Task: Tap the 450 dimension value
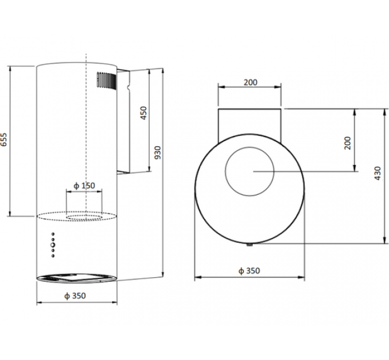coord(143,113)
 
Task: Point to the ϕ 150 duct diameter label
coord(84,186)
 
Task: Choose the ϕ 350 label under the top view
coord(249,270)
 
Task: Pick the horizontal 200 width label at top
coord(250,82)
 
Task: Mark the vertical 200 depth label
coord(347,143)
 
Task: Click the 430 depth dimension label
coord(377,174)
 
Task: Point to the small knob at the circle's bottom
coord(250,246)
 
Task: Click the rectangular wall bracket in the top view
coord(250,122)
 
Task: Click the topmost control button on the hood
coord(52,234)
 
